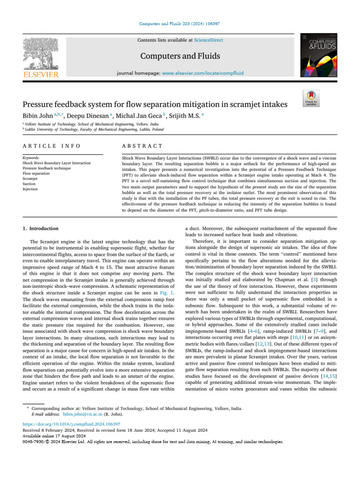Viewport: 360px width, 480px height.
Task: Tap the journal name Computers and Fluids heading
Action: pos(180,56)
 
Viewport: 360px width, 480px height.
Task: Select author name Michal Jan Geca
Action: pos(139,114)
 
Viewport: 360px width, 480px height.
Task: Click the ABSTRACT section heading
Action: pos(142,147)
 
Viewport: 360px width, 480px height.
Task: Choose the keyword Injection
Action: pos(31,189)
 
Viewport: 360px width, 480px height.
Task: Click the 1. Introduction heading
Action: pos(41,228)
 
